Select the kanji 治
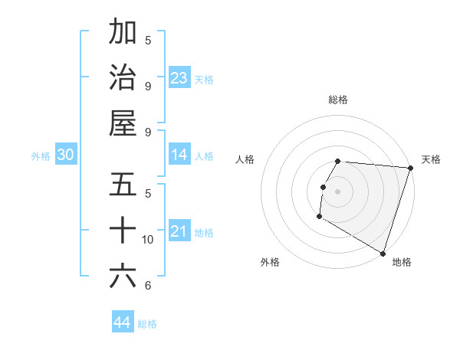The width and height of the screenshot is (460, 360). tap(123, 77)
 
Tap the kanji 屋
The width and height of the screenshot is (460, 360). tap(123, 123)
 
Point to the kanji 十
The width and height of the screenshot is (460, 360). tap(123, 230)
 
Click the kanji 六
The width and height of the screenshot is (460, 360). tap(123, 275)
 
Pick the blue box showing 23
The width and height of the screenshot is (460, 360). tap(179, 78)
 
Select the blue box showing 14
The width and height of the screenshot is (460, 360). tap(179, 155)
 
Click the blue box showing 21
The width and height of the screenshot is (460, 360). tap(179, 231)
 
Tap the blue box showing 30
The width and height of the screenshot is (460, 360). tap(65, 155)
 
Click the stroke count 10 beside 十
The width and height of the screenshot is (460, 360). tap(148, 240)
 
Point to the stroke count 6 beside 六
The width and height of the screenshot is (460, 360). tap(148, 286)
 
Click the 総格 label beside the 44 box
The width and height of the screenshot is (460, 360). tap(148, 324)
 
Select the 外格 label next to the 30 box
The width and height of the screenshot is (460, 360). tap(41, 156)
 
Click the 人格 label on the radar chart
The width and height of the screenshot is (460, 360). tap(245, 159)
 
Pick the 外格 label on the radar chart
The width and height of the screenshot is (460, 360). tap(270, 262)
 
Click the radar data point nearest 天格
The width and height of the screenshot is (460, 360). tap(410, 168)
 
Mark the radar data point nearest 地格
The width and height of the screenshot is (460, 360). tap(383, 253)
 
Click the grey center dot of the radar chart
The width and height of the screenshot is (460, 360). tap(338, 191)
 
